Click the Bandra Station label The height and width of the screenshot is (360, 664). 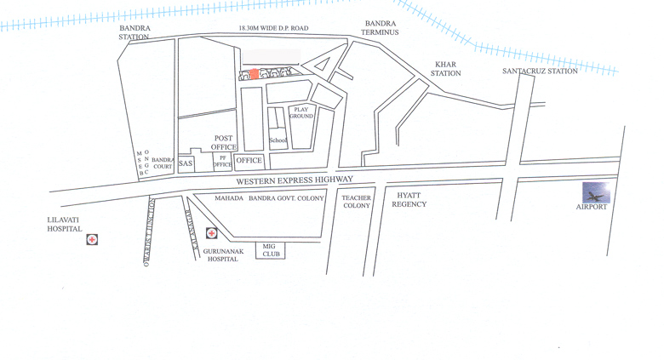click(135, 32)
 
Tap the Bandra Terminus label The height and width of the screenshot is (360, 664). click(381, 28)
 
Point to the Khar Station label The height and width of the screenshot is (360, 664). click(446, 69)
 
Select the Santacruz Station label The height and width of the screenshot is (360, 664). click(540, 71)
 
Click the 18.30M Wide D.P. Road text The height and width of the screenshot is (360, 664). click(273, 28)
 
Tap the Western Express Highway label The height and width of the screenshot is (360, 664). click(294, 180)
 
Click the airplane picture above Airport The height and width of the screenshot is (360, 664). click(596, 192)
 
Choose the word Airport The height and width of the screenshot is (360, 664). click(592, 207)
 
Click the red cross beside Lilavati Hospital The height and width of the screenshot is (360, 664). click(92, 240)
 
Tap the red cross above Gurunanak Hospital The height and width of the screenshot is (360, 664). click(211, 233)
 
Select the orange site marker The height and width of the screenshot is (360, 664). click(254, 74)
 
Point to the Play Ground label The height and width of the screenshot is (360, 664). click(302, 112)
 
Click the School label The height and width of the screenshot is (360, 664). click(278, 140)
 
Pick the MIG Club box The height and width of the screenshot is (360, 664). click(269, 249)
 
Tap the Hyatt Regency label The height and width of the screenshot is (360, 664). click(409, 200)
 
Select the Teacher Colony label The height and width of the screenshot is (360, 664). click(357, 202)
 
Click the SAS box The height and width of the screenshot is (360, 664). click(186, 163)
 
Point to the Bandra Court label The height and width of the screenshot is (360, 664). click(163, 163)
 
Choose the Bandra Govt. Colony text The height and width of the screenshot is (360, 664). click(286, 198)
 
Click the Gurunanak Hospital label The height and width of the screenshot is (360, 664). click(223, 254)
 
